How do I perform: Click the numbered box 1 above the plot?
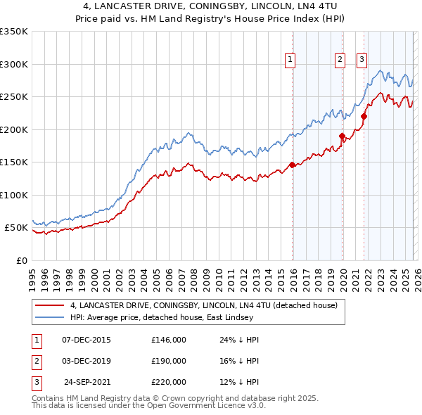[290, 60]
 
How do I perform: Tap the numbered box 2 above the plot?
[340, 60]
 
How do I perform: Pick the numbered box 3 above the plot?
[362, 60]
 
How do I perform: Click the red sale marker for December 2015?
[292, 165]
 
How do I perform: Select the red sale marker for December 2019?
[342, 136]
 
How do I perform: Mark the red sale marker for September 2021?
[364, 117]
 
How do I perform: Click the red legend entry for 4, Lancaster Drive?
[204, 305]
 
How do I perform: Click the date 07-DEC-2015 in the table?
[87, 340]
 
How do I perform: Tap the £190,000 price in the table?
[169, 361]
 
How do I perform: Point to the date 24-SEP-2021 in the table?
[87, 382]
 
